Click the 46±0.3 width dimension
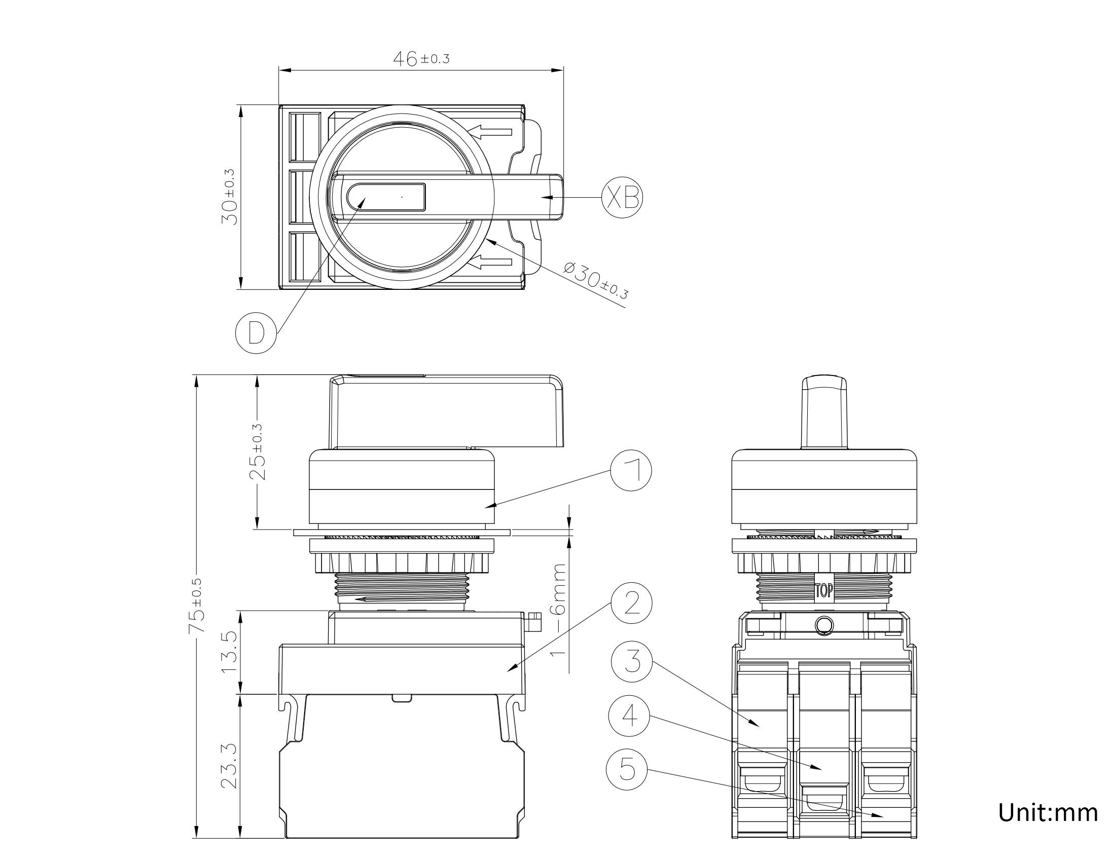421,59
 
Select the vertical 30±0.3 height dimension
229,197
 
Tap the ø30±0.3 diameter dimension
596,280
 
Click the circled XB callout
622,198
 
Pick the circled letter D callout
256,333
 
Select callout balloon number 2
632,603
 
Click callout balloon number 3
632,661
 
